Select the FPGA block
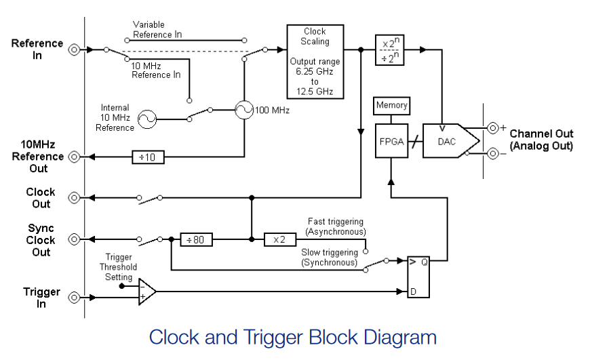click(x=391, y=141)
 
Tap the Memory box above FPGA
click(x=392, y=106)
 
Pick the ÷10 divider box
click(x=148, y=157)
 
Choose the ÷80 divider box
click(x=196, y=239)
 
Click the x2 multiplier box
click(x=280, y=239)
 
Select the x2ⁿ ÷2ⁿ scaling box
click(x=389, y=50)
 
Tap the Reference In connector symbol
click(x=74, y=49)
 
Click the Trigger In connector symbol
click(x=74, y=298)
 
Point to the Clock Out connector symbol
click(x=74, y=197)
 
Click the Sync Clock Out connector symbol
click(x=74, y=239)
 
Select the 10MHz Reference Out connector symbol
click(x=74, y=157)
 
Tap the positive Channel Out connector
click(x=493, y=128)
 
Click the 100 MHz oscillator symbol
click(x=244, y=110)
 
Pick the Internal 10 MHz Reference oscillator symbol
click(x=146, y=119)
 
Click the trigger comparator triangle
click(x=146, y=292)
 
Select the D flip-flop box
click(x=418, y=277)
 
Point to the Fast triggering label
click(x=336, y=221)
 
